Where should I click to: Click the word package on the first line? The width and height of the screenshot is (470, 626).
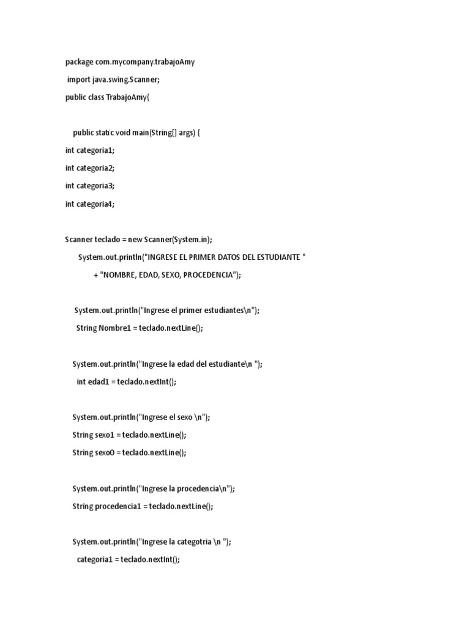pyautogui.click(x=80, y=62)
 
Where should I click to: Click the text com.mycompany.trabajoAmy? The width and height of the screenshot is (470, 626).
pyautogui.click(x=145, y=62)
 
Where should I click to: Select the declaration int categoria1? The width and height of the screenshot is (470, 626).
pyautogui.click(x=89, y=150)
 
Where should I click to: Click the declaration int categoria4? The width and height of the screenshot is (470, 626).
pyautogui.click(x=89, y=204)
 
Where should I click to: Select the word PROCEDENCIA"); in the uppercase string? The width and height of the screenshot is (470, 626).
pyautogui.click(x=212, y=275)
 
